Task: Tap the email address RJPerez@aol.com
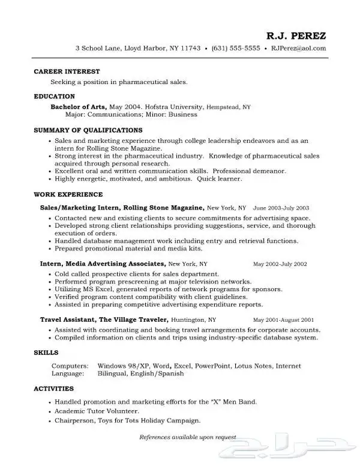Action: (298, 48)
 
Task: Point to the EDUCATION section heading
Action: (54, 96)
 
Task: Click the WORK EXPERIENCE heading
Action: (68, 195)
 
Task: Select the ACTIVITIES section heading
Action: (53, 389)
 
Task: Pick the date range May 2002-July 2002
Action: (280, 264)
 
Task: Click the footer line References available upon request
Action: (188, 437)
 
